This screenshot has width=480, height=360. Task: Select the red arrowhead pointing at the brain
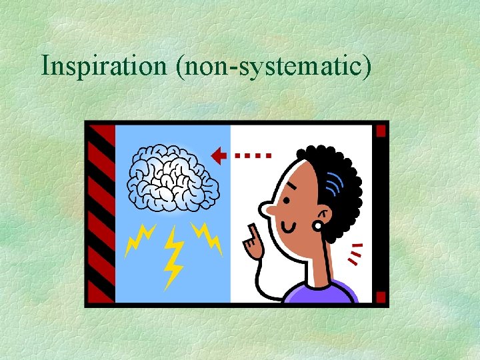click(x=218, y=155)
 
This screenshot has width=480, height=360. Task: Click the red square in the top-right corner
click(x=381, y=131)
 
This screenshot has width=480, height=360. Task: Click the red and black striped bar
click(x=100, y=213)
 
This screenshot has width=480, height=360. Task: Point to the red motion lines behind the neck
click(x=357, y=254)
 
